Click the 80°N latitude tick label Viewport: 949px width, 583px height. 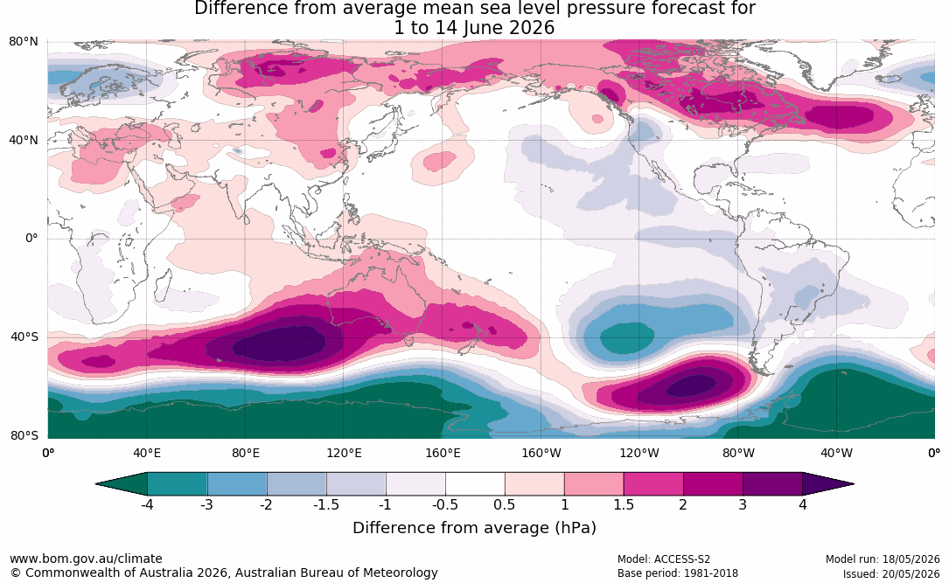point(23,42)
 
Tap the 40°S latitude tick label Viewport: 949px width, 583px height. point(24,337)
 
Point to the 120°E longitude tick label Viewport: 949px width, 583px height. point(344,453)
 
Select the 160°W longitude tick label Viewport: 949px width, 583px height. point(541,453)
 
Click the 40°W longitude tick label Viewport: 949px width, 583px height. point(836,453)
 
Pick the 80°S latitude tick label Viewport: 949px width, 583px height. point(24,435)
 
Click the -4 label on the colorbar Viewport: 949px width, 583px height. point(146,504)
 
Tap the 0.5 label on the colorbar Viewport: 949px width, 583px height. point(505,504)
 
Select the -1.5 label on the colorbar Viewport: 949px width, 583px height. point(325,504)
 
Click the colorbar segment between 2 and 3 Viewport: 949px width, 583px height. point(713,484)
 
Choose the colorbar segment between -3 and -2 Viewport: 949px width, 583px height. point(237,484)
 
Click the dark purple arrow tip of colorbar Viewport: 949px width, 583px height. point(828,484)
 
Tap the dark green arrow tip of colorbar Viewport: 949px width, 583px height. point(121,484)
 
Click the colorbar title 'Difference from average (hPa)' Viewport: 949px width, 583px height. point(474,528)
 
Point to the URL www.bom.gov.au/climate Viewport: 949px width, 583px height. point(86,559)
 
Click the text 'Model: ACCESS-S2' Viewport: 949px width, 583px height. point(664,559)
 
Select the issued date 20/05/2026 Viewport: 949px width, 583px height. point(911,573)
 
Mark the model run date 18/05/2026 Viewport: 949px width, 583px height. point(911,559)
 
